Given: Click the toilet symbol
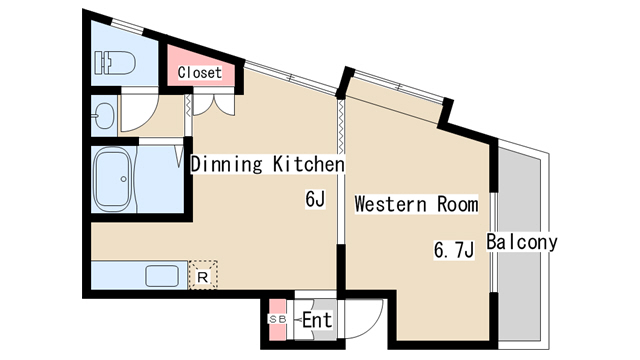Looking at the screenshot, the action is tap(115, 62).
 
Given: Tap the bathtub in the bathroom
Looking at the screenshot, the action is tap(114, 179).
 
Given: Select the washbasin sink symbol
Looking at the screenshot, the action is tap(104, 115).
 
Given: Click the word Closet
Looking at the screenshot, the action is tap(200, 73).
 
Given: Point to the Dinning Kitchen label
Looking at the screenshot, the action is tap(268, 164).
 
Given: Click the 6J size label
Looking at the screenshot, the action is tap(315, 199).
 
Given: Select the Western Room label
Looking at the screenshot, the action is tap(416, 204).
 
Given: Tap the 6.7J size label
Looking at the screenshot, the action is tap(454, 250).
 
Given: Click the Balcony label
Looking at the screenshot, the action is tap(522, 242).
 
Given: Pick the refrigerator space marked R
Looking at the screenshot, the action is tap(203, 275).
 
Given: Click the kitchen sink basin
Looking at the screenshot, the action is tap(162, 276).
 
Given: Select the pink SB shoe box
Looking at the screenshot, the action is tap(278, 320).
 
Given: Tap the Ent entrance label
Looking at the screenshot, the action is tap(317, 320).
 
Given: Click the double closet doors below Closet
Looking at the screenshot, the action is tap(213, 105).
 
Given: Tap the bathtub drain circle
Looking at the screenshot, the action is tap(123, 179).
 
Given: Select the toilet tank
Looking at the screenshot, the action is tap(101, 62).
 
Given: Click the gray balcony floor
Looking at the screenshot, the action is tap(520, 244).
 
